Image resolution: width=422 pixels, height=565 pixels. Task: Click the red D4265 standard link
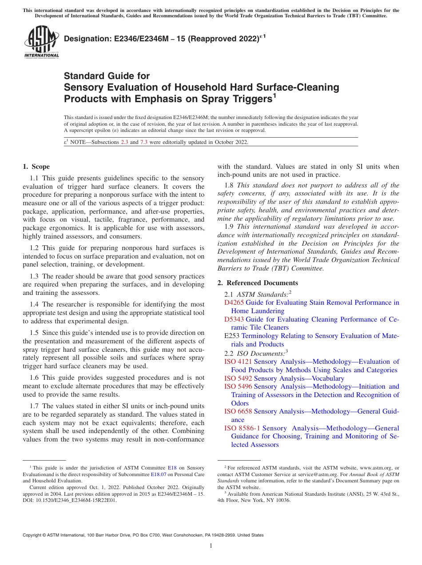click(x=234, y=302)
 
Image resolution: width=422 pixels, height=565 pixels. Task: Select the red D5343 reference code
click(x=234, y=319)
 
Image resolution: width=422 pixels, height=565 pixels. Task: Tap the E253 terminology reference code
click(x=232, y=336)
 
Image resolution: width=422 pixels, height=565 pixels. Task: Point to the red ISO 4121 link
click(x=238, y=362)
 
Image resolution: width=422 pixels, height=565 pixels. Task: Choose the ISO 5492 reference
click(x=238, y=378)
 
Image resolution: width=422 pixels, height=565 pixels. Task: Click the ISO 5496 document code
click(x=238, y=386)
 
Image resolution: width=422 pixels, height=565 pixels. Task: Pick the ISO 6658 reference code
click(x=238, y=412)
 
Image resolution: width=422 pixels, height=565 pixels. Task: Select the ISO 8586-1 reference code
click(x=242, y=428)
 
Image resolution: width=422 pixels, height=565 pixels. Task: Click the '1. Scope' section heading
click(x=36, y=167)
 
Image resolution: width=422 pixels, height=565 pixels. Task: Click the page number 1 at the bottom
click(x=211, y=546)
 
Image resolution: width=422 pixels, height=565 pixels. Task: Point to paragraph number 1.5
click(x=35, y=333)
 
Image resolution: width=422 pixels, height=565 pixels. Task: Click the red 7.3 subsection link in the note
click(x=143, y=142)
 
